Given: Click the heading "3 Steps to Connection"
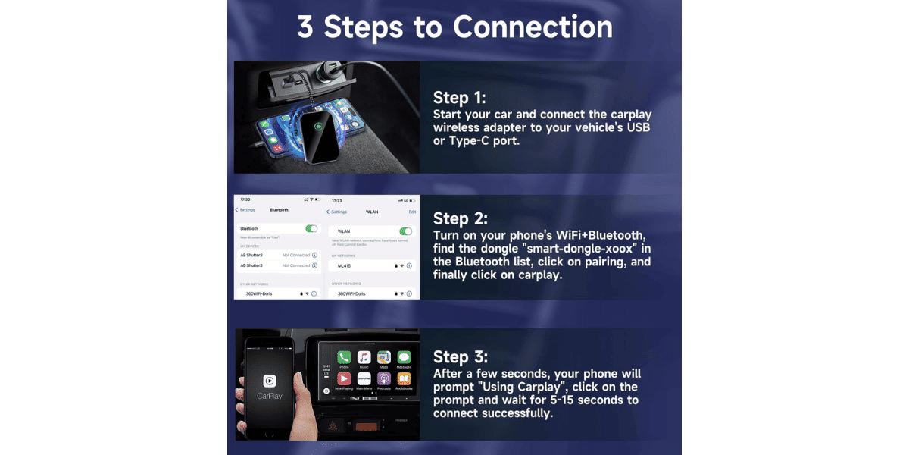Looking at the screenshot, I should pos(454,27).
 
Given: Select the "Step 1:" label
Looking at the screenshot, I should pos(459,98).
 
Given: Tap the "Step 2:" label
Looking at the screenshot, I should pos(460,219).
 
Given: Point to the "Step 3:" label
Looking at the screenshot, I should pos(460,357).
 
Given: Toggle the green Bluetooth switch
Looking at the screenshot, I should pos(311,228).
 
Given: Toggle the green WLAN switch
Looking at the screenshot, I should pos(405,231).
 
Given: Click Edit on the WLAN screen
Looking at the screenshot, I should pos(412,212).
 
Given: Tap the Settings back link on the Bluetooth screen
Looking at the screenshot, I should pos(245,210).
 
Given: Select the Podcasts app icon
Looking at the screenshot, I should pos(384,378).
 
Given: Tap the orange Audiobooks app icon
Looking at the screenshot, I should pos(405,378).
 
